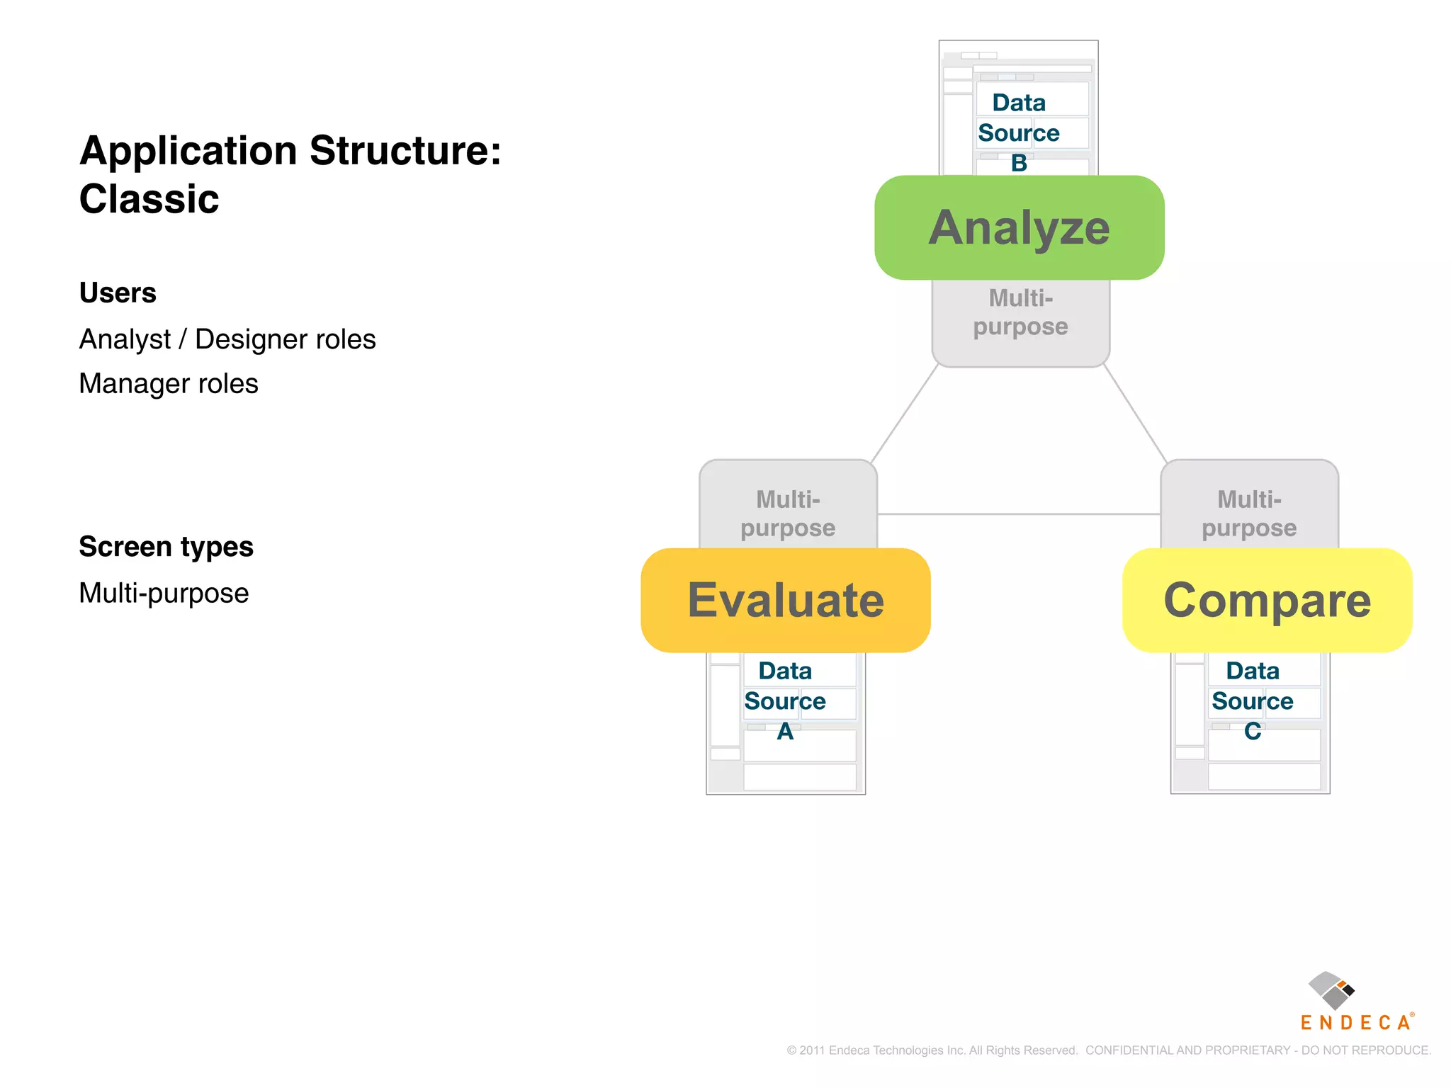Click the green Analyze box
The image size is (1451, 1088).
tap(1019, 227)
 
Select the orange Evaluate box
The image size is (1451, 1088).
tap(785, 600)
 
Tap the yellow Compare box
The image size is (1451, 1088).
tap(1267, 600)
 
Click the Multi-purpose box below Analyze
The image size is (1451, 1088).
tap(1020, 322)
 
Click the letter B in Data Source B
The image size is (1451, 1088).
tap(1019, 163)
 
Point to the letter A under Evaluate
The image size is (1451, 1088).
tap(785, 731)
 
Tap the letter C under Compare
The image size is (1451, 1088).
tap(1252, 731)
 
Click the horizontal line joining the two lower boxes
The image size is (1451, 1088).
tap(1019, 514)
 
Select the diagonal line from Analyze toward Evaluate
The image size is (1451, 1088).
tap(905, 413)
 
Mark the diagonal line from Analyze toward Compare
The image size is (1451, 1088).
tap(1135, 413)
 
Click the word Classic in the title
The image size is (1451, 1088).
tap(149, 198)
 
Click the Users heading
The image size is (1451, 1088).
tap(118, 293)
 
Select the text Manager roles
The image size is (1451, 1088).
tap(169, 383)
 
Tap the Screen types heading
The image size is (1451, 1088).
tap(166, 547)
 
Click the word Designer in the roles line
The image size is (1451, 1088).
tap(251, 339)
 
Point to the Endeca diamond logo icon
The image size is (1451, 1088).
tap(1331, 990)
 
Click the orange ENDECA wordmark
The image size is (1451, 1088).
tap(1356, 1022)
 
